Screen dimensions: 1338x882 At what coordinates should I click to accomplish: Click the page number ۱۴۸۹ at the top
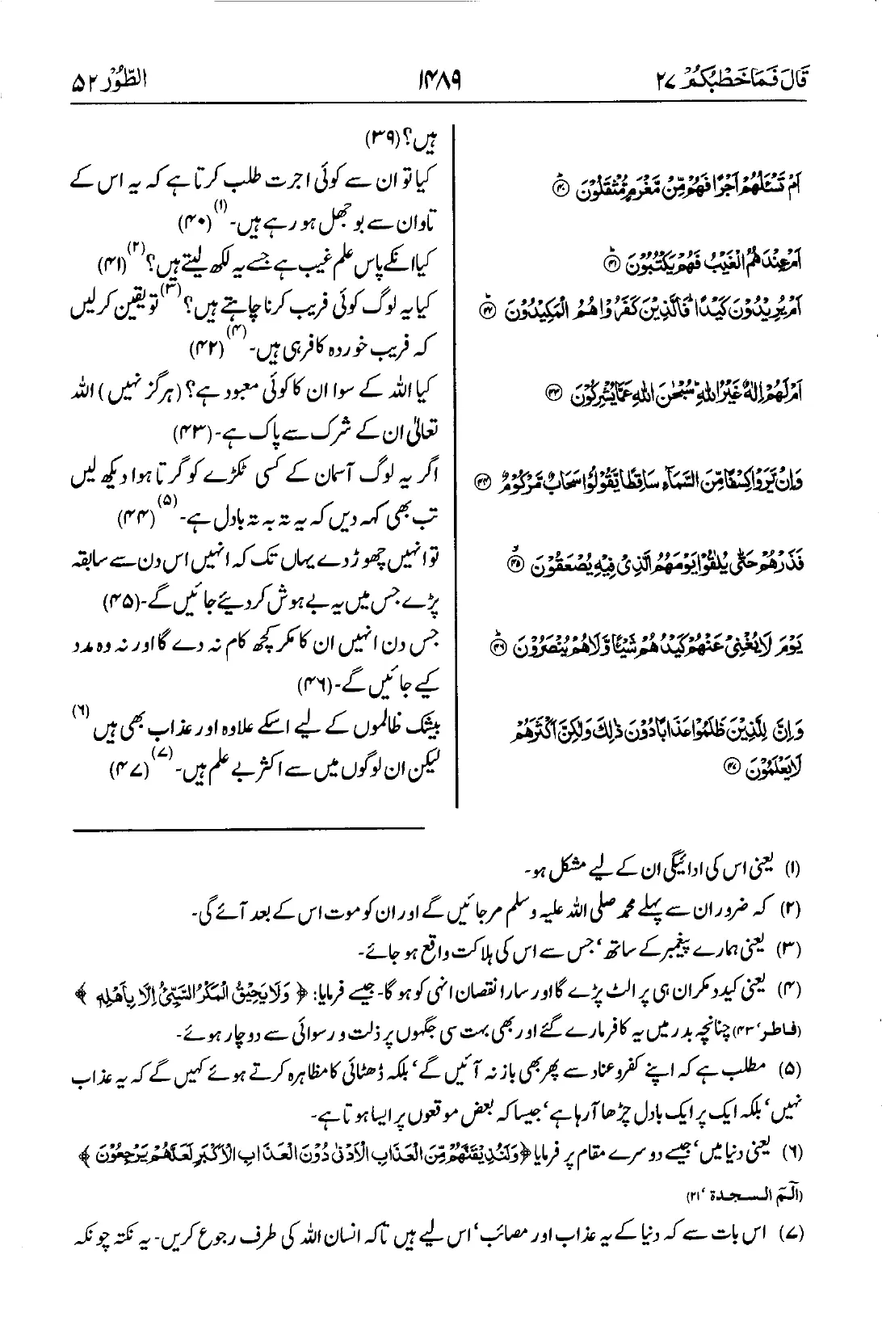click(441, 81)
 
